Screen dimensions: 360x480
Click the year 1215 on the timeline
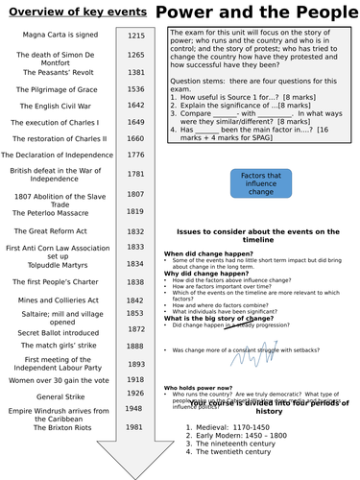137,35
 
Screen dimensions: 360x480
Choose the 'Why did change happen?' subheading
204,273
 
